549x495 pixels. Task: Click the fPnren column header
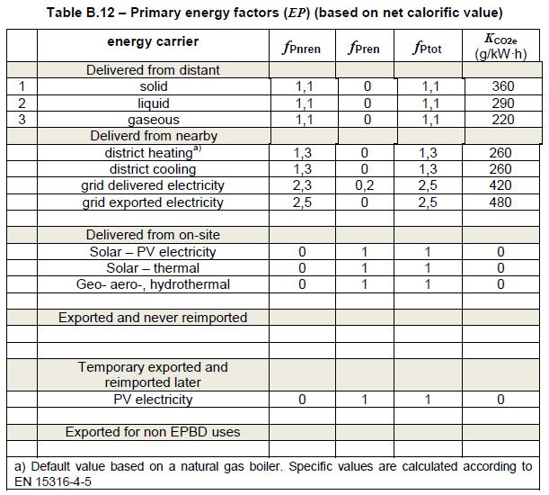[302, 48]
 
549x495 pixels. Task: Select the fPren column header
[364, 48]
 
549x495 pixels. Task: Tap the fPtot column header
[427, 48]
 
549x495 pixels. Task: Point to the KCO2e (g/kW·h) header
[500, 47]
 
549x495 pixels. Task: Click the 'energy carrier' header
[153, 41]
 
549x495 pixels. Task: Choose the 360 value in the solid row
[503, 86]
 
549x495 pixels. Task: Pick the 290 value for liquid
[503, 103]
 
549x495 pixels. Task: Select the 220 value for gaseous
[503, 120]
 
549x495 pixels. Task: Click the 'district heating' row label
[153, 153]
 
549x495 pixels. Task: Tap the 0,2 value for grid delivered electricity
[365, 185]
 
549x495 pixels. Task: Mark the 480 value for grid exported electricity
[500, 202]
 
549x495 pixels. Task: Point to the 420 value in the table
[500, 185]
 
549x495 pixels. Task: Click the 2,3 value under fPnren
[302, 185]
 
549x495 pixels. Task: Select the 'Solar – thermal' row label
[153, 268]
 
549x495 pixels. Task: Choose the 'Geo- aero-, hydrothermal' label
[153, 284]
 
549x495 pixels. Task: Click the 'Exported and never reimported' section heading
[153, 318]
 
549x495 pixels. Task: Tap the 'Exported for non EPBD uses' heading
[153, 432]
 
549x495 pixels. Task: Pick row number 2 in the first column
[22, 103]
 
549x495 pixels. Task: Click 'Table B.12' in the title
[81, 13]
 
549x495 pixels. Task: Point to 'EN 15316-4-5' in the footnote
[53, 481]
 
